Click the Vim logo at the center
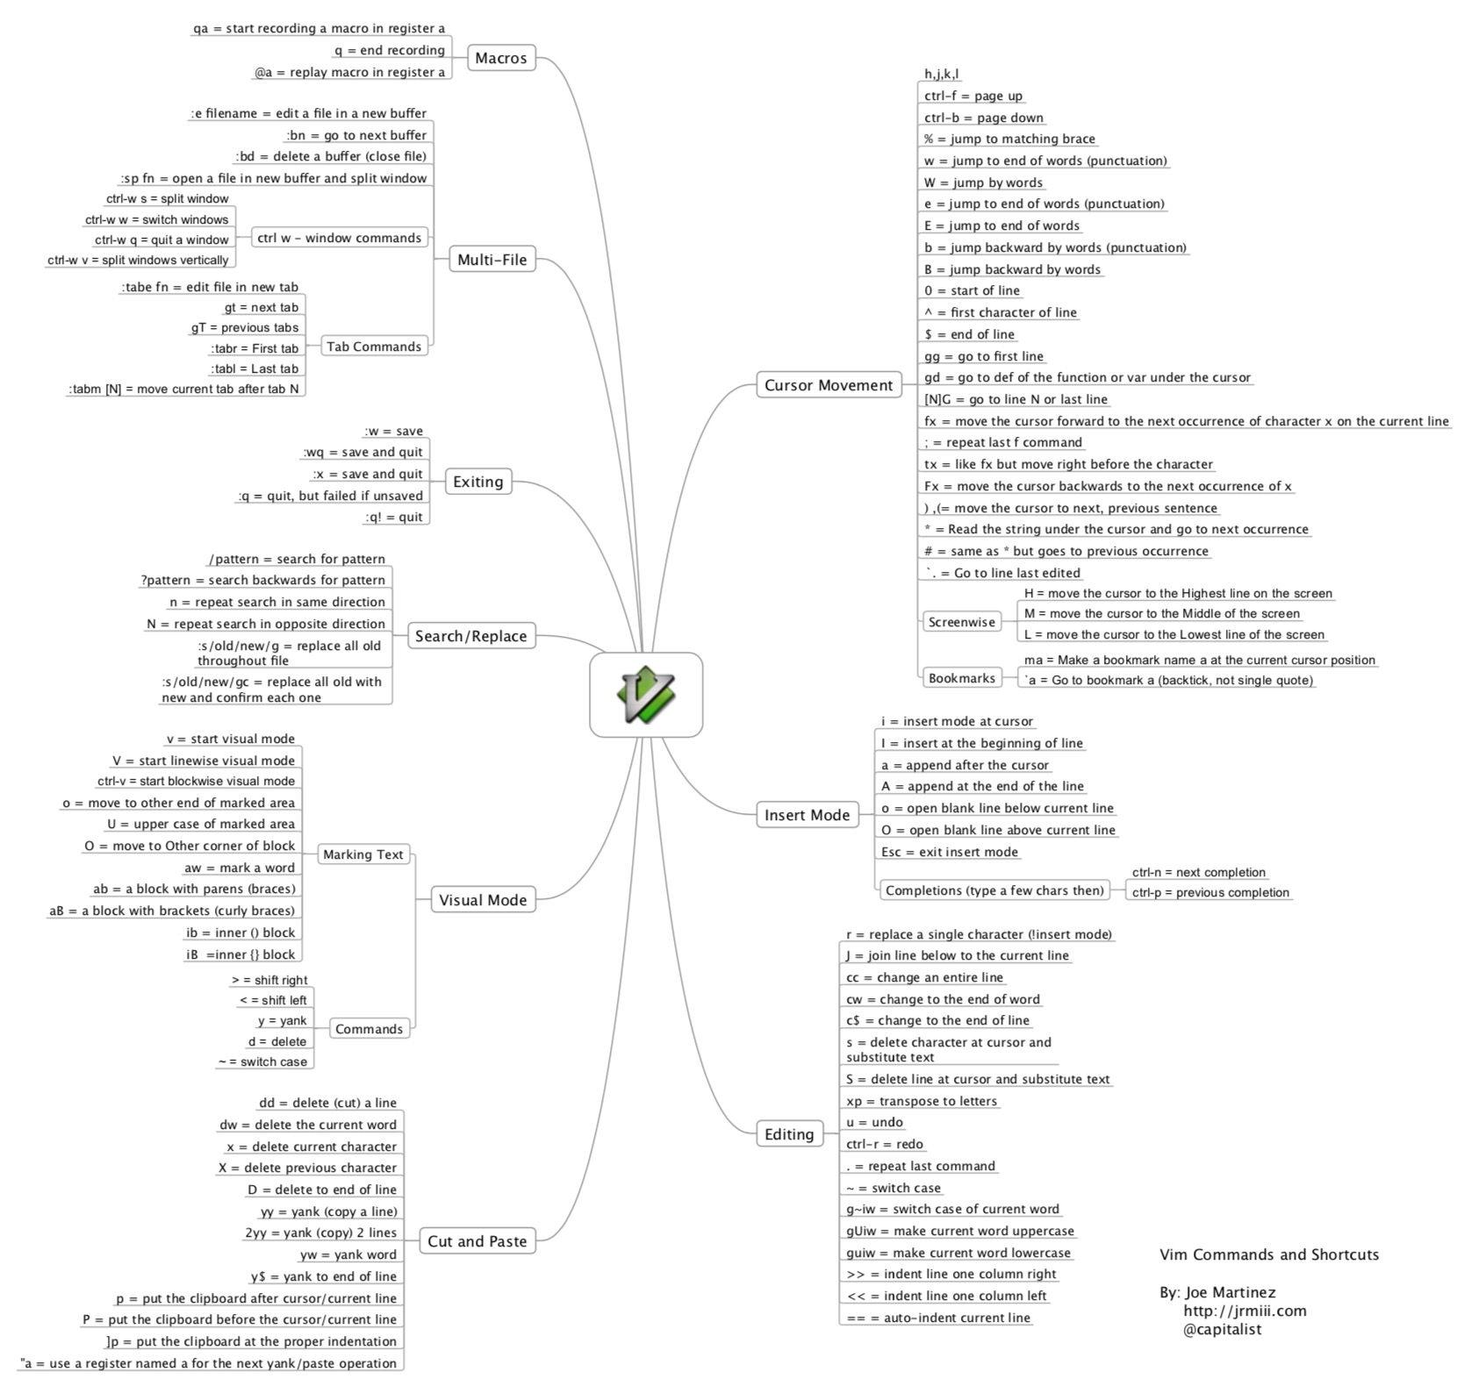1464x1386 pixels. [x=645, y=694]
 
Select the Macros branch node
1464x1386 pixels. [x=500, y=58]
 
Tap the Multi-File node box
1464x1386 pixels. [x=492, y=260]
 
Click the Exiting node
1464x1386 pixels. [x=477, y=482]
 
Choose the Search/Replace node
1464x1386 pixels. [x=470, y=636]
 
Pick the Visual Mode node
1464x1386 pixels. [x=483, y=900]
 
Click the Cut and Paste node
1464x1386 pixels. [x=477, y=1241]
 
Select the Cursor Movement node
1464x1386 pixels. [x=828, y=385]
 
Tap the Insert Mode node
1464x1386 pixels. [x=807, y=815]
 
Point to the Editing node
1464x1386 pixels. [x=789, y=1134]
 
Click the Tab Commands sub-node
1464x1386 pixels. [x=374, y=346]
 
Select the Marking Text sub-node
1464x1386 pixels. [x=362, y=854]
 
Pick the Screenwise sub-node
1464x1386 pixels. [x=961, y=622]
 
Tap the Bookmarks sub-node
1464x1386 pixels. [x=961, y=678]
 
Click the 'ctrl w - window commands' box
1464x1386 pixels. [x=339, y=238]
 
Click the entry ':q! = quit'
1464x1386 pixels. [x=393, y=518]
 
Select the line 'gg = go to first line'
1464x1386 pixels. [x=983, y=356]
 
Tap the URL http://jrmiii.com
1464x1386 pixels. [x=1244, y=1311]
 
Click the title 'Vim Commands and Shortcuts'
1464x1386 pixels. [x=1268, y=1254]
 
